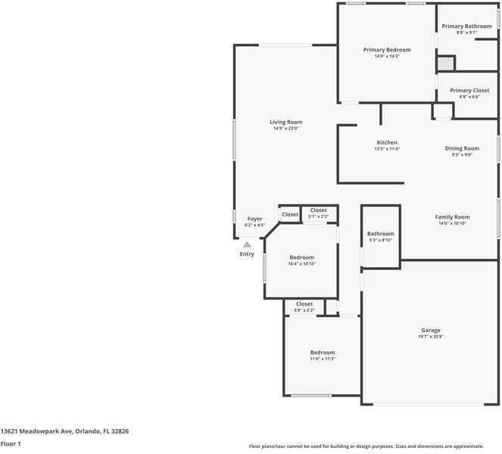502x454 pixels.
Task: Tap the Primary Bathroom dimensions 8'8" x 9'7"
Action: coord(467,33)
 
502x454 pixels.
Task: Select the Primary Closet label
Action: coord(469,90)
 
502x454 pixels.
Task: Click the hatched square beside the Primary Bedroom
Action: coord(445,64)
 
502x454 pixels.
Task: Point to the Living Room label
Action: coord(286,122)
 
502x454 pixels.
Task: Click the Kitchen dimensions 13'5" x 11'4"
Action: coord(387,149)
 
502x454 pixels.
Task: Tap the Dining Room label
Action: coord(462,148)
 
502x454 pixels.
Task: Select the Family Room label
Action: coord(452,217)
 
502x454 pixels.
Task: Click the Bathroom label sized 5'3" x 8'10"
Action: coord(380,234)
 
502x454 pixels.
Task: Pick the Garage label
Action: coord(431,330)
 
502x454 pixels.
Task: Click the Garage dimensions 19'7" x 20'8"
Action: coord(431,337)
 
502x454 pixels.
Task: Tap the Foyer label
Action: coord(254,219)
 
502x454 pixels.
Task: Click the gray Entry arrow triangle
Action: coord(247,244)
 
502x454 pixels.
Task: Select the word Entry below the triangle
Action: coord(247,254)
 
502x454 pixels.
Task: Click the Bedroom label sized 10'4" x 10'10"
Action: coord(301,257)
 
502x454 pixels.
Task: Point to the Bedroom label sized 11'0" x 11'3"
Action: coord(323,353)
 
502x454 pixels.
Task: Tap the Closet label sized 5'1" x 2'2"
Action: coord(318,210)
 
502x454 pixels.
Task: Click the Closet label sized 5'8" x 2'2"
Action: coord(304,304)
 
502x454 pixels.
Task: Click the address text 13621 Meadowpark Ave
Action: coord(36,431)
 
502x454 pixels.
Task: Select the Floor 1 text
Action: coord(11,444)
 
